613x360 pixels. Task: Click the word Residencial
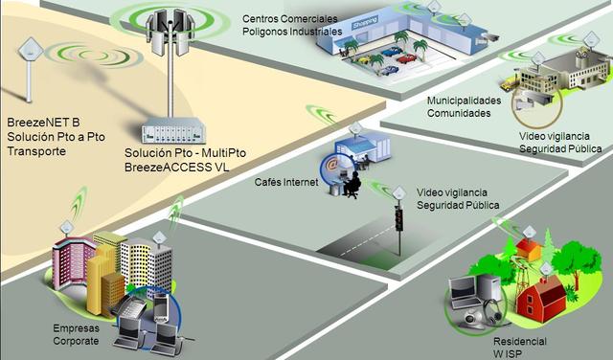[519, 342]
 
